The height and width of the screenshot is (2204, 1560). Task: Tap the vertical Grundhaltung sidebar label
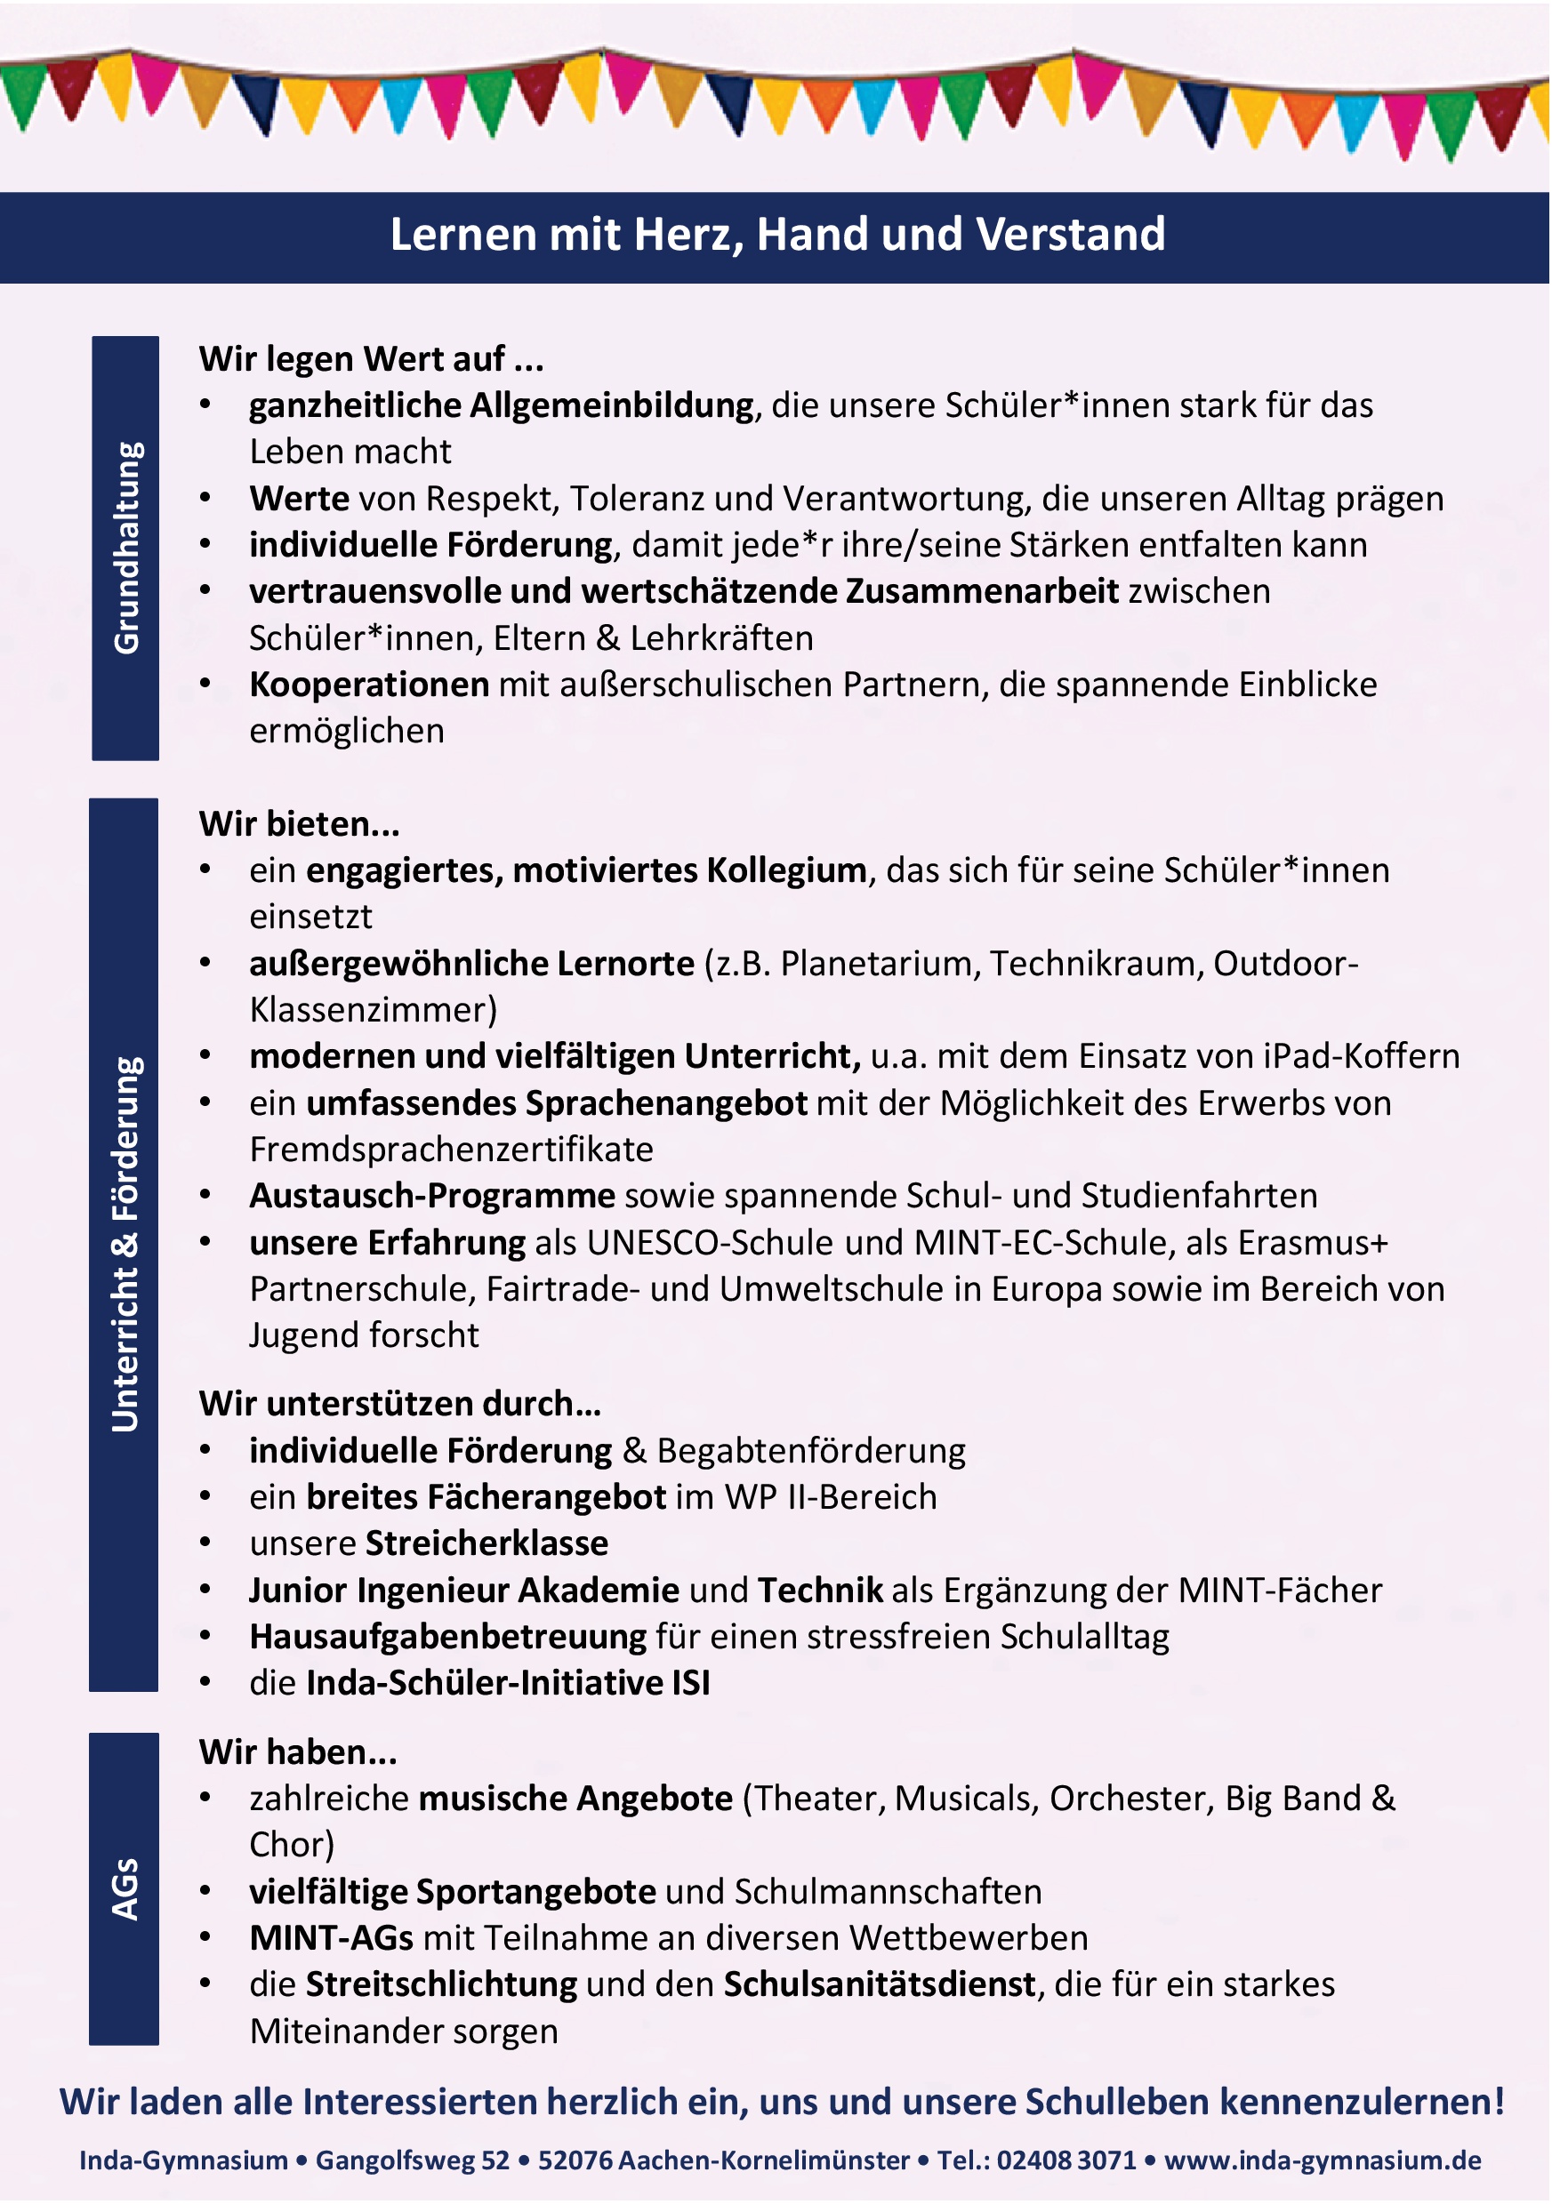pos(125,548)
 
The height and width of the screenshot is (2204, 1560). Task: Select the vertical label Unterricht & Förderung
pos(125,1245)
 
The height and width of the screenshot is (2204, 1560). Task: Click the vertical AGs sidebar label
pos(125,1888)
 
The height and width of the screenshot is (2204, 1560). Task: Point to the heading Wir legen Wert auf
pos(371,359)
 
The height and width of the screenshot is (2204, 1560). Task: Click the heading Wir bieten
pos(299,824)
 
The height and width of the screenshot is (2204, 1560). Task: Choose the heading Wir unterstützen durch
pos(399,1404)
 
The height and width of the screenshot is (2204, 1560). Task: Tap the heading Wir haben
pos(298,1751)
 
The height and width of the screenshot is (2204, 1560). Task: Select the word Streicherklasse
pos(487,1543)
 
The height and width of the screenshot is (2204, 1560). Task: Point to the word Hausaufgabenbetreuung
pos(447,1637)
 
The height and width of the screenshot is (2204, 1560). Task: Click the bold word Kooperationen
pos(369,685)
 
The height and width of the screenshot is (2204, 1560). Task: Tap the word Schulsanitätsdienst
pos(880,1984)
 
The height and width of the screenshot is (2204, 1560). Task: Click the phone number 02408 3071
pos(1066,2160)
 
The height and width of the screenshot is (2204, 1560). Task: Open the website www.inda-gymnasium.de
pos(1323,2160)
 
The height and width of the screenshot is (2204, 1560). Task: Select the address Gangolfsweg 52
pos(413,2160)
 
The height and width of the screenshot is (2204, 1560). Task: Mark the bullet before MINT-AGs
pos(205,1937)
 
